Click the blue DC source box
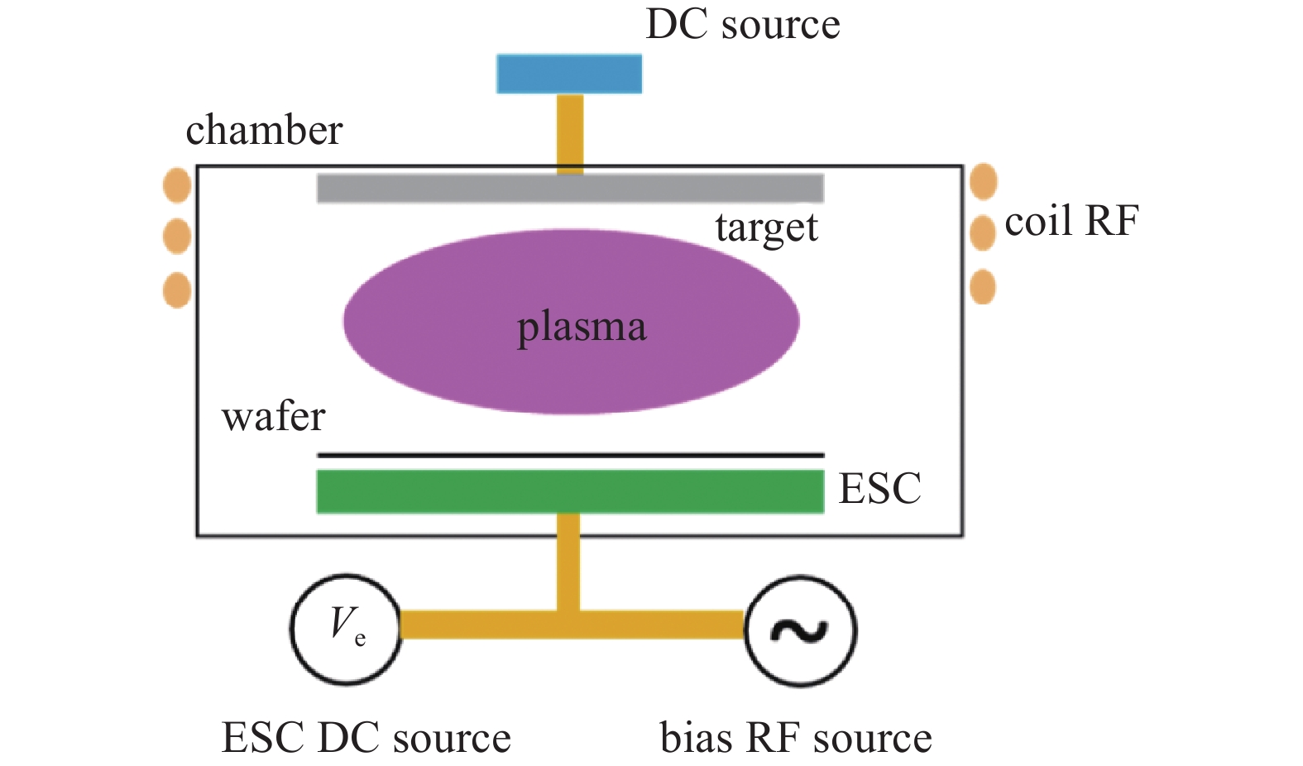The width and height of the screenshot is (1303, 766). pos(569,74)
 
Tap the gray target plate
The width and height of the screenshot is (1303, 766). pos(570,189)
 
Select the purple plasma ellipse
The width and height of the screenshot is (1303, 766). pos(571,322)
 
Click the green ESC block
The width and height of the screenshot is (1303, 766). pos(570,491)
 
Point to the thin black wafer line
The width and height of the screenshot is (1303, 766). pos(571,456)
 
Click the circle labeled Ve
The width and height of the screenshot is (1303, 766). pos(346,630)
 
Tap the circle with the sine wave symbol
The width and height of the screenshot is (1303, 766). pos(801,631)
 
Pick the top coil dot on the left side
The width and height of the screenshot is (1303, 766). pos(177,185)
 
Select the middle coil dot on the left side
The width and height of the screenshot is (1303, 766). pos(177,236)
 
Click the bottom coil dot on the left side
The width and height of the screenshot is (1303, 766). pos(177,290)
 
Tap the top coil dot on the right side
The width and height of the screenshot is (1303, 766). pos(983,181)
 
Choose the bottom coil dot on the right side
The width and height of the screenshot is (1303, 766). pos(983,287)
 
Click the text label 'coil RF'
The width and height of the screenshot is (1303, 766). pos(1071,221)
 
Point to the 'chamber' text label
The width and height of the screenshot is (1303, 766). pos(264,129)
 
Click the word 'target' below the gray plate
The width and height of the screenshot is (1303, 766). pos(767,227)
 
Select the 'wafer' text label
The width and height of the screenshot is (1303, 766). pos(273,416)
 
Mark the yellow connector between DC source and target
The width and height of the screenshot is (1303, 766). pos(570,134)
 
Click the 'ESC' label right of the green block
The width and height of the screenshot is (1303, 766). pos(879,488)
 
